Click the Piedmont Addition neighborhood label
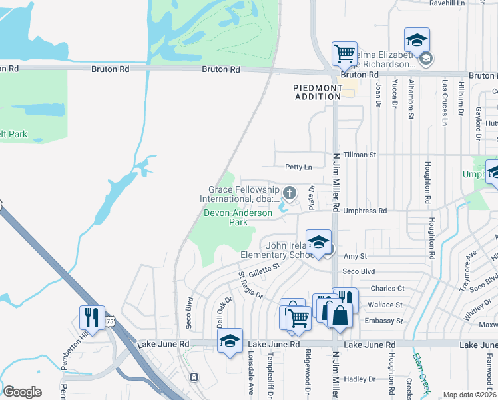pos(317,92)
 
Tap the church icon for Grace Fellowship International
pos(289,193)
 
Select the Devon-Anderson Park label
pos(238,217)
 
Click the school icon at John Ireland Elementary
pos(318,243)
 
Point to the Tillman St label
pos(359,155)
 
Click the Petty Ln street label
pos(298,167)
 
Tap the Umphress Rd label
pos(364,211)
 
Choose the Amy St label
pos(355,256)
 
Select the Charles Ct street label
pos(387,289)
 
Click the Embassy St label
pos(385,321)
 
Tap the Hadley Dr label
pos(360,379)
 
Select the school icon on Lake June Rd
pos(230,341)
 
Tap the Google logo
pos(22,392)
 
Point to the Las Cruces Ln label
pos(444,103)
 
